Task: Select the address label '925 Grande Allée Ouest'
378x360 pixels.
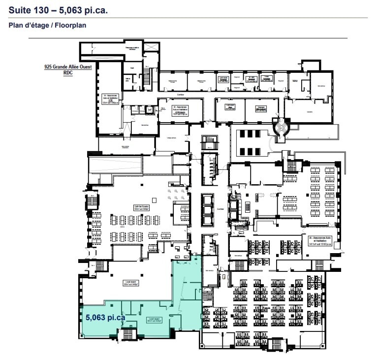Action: [68, 66]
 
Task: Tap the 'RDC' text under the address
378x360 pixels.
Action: [68, 72]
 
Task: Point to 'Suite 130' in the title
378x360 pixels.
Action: [29, 9]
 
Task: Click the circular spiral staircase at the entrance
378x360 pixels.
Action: [281, 129]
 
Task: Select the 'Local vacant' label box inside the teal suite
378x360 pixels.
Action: [156, 320]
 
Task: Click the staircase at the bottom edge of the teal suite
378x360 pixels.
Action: [128, 334]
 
